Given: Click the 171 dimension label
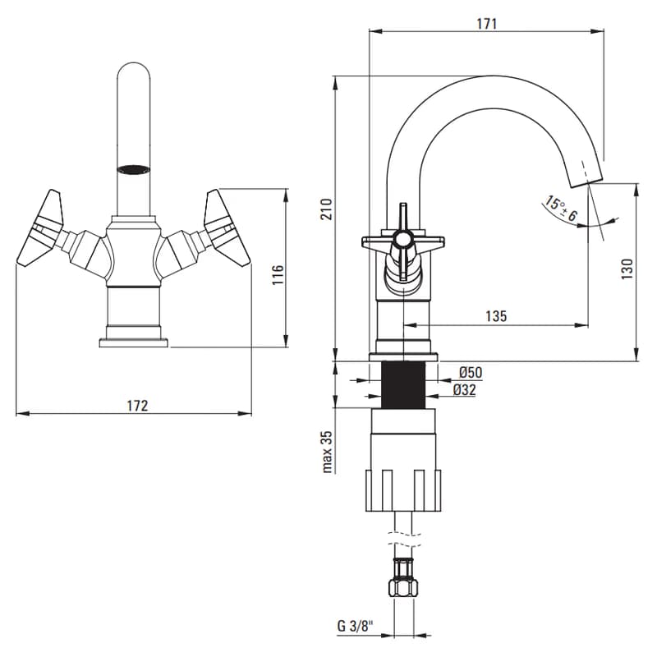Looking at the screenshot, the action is pos(486,24).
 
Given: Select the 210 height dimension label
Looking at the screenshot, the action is pos(326,209).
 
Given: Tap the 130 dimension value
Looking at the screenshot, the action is pos(627,269).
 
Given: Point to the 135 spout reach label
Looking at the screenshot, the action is pos(496,316).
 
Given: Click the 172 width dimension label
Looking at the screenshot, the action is pos(137,406).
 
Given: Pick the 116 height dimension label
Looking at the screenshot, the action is pos(278,274).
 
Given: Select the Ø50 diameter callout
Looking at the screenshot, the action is pos(471,372).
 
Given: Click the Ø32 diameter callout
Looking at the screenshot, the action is pos(465,390).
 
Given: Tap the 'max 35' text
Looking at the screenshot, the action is pos(327,453).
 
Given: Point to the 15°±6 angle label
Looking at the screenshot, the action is pos(560,209).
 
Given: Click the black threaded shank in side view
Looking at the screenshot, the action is pos(403,384).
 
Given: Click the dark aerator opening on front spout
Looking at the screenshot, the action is pos(133,169).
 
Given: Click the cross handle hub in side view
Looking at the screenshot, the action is pos(402,240).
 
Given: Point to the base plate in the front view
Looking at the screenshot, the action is pos(133,342).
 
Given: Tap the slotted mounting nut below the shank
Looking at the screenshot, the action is pos(403,490).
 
